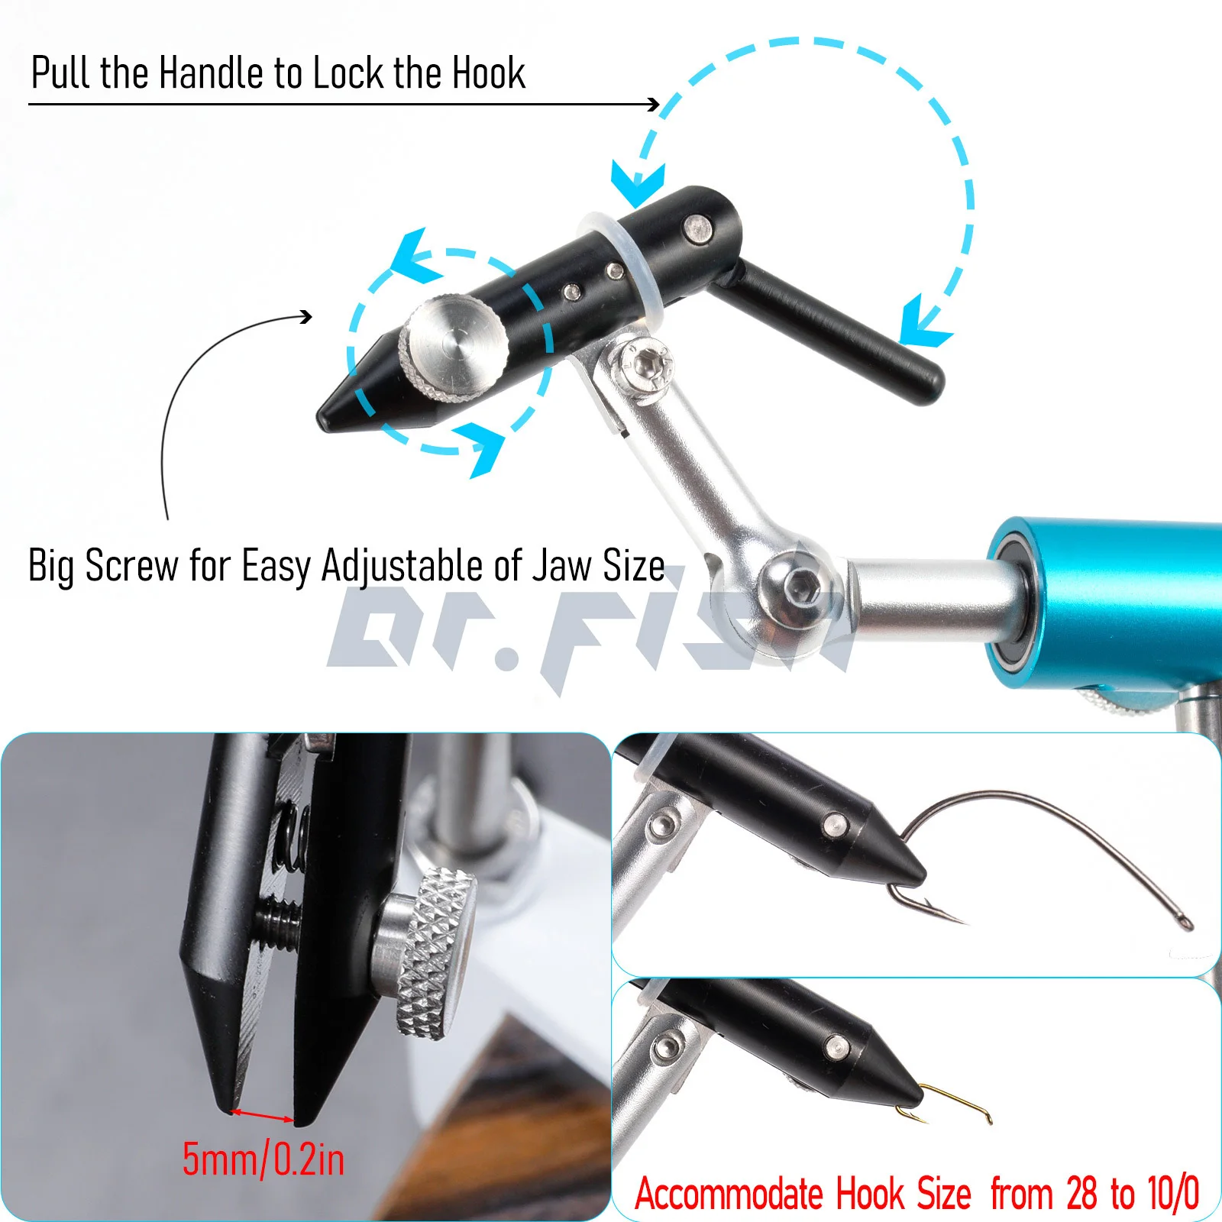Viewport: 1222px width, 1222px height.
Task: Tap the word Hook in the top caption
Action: click(x=489, y=73)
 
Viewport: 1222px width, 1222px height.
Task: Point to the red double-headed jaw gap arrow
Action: click(x=262, y=1116)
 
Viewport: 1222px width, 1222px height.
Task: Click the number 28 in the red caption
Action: click(x=1081, y=1193)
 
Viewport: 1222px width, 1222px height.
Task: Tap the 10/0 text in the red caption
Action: click(x=1173, y=1193)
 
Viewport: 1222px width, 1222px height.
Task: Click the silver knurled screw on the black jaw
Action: click(x=454, y=346)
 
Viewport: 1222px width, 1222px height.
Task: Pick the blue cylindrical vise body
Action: click(x=1107, y=603)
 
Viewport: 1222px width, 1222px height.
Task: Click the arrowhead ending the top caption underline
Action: click(x=653, y=104)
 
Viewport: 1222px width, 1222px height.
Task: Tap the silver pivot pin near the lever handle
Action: click(x=697, y=230)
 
